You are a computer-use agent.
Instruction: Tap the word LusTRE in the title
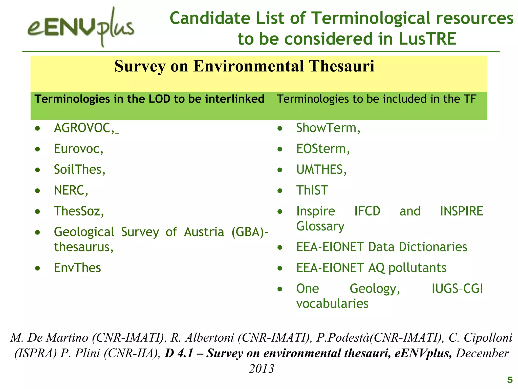point(427,39)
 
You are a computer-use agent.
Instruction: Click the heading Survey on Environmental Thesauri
point(244,66)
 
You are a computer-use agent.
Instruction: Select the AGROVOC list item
point(82,128)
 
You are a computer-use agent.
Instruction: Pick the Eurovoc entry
point(78,149)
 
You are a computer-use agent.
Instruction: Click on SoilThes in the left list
point(79,169)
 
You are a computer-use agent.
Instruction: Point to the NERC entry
point(71,190)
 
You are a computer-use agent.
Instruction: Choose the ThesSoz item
point(79,211)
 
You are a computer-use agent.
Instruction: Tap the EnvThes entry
point(77,268)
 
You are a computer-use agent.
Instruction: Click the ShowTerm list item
point(328,128)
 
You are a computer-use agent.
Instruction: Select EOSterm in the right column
point(323,149)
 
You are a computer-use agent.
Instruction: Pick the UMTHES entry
point(321,169)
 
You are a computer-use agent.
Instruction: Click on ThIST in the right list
point(312,190)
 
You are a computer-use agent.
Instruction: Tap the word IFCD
point(367,211)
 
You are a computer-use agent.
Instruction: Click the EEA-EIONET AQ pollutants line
point(371,268)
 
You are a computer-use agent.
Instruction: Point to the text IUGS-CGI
point(457,288)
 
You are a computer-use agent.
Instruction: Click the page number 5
point(510,380)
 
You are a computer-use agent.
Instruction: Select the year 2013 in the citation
point(262,368)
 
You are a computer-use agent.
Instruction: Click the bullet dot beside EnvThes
point(38,268)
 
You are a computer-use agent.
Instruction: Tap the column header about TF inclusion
point(376,99)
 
